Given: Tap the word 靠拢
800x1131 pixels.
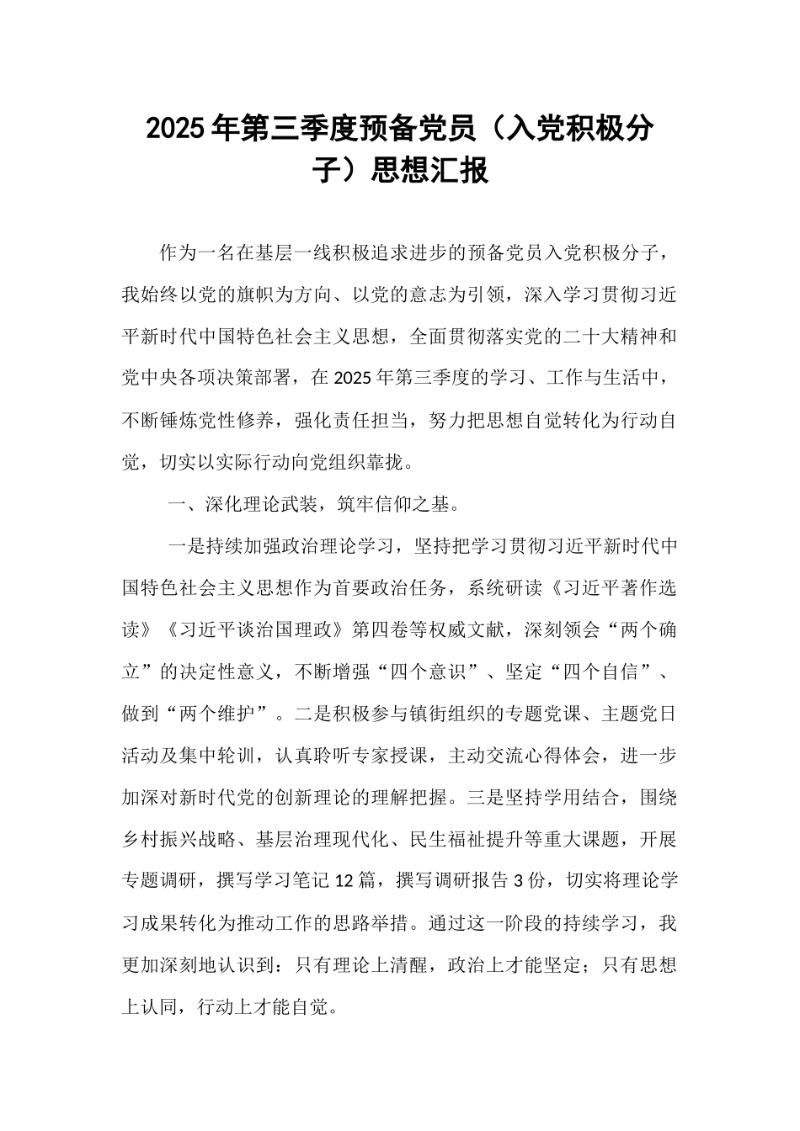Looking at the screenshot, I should (393, 461).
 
